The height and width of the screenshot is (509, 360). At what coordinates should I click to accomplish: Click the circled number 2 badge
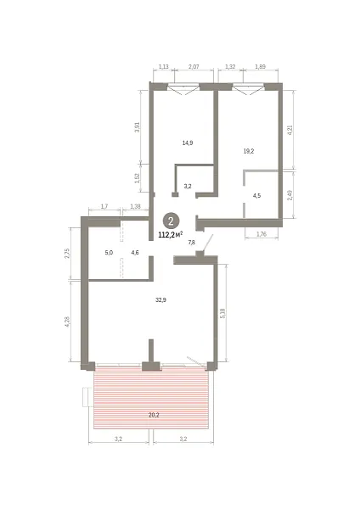(171, 221)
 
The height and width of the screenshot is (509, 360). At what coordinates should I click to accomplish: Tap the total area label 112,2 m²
(171, 235)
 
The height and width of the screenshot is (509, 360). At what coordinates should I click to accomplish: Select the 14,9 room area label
(188, 143)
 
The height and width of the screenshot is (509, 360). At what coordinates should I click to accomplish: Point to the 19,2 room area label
(249, 151)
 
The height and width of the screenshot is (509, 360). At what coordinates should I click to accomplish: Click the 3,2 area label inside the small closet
(188, 187)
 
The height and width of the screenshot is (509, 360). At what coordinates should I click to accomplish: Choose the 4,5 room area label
(256, 196)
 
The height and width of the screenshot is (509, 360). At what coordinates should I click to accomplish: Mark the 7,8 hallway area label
(192, 242)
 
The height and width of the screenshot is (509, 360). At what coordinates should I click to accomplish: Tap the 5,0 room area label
(109, 253)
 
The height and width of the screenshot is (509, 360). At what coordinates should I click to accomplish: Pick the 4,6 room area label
(135, 253)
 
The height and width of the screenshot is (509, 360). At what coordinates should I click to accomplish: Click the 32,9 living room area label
(160, 300)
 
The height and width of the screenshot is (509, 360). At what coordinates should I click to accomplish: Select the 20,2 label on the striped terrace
(154, 415)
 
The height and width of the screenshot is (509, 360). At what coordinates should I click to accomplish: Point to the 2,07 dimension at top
(194, 66)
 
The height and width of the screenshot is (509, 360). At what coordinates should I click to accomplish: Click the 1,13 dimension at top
(163, 66)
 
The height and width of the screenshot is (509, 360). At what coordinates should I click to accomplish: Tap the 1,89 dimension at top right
(261, 66)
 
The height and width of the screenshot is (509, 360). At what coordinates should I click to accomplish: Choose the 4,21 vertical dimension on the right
(290, 130)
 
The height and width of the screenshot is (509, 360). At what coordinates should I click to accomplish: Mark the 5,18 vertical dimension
(222, 313)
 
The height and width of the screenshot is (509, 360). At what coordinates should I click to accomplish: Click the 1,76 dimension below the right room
(262, 234)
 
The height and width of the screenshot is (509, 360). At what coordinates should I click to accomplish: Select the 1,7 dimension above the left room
(104, 206)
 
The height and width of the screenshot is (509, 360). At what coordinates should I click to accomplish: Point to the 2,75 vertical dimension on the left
(67, 254)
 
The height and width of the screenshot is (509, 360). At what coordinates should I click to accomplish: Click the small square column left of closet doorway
(175, 195)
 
